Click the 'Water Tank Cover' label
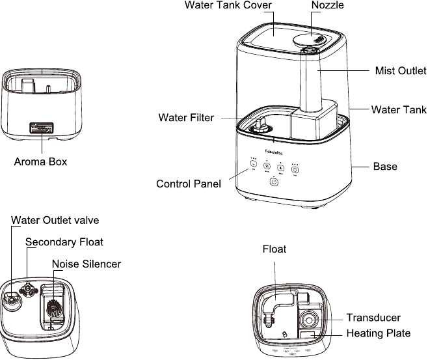click(x=228, y=5)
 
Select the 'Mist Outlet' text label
click(x=401, y=70)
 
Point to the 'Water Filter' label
click(x=186, y=118)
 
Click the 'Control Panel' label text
click(x=189, y=184)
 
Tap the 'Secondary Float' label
click(x=64, y=242)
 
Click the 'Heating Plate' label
click(x=378, y=333)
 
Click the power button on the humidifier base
click(x=274, y=183)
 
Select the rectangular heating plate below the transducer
click(x=306, y=335)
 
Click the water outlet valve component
click(x=11, y=299)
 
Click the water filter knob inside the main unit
click(x=259, y=122)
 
